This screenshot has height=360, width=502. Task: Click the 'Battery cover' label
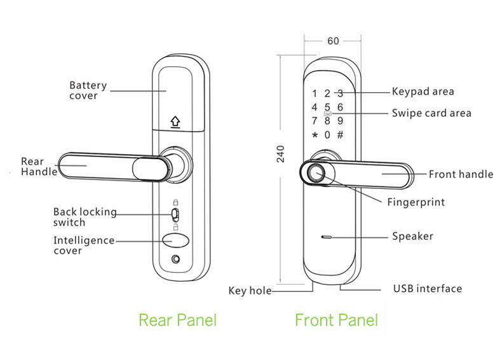click(88, 90)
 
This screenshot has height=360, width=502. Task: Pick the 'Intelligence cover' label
click(83, 246)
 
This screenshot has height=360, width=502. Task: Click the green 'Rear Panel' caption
click(177, 319)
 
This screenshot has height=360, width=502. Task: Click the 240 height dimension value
click(281, 153)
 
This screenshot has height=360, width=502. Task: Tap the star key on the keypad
click(314, 135)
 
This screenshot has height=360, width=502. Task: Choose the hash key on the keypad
click(340, 135)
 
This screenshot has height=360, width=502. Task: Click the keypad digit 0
click(327, 135)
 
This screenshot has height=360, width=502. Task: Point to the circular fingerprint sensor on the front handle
click(316, 173)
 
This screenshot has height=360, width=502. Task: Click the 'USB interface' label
click(427, 289)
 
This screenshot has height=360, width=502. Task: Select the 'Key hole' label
click(250, 291)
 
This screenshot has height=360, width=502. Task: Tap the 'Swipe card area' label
click(431, 113)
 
